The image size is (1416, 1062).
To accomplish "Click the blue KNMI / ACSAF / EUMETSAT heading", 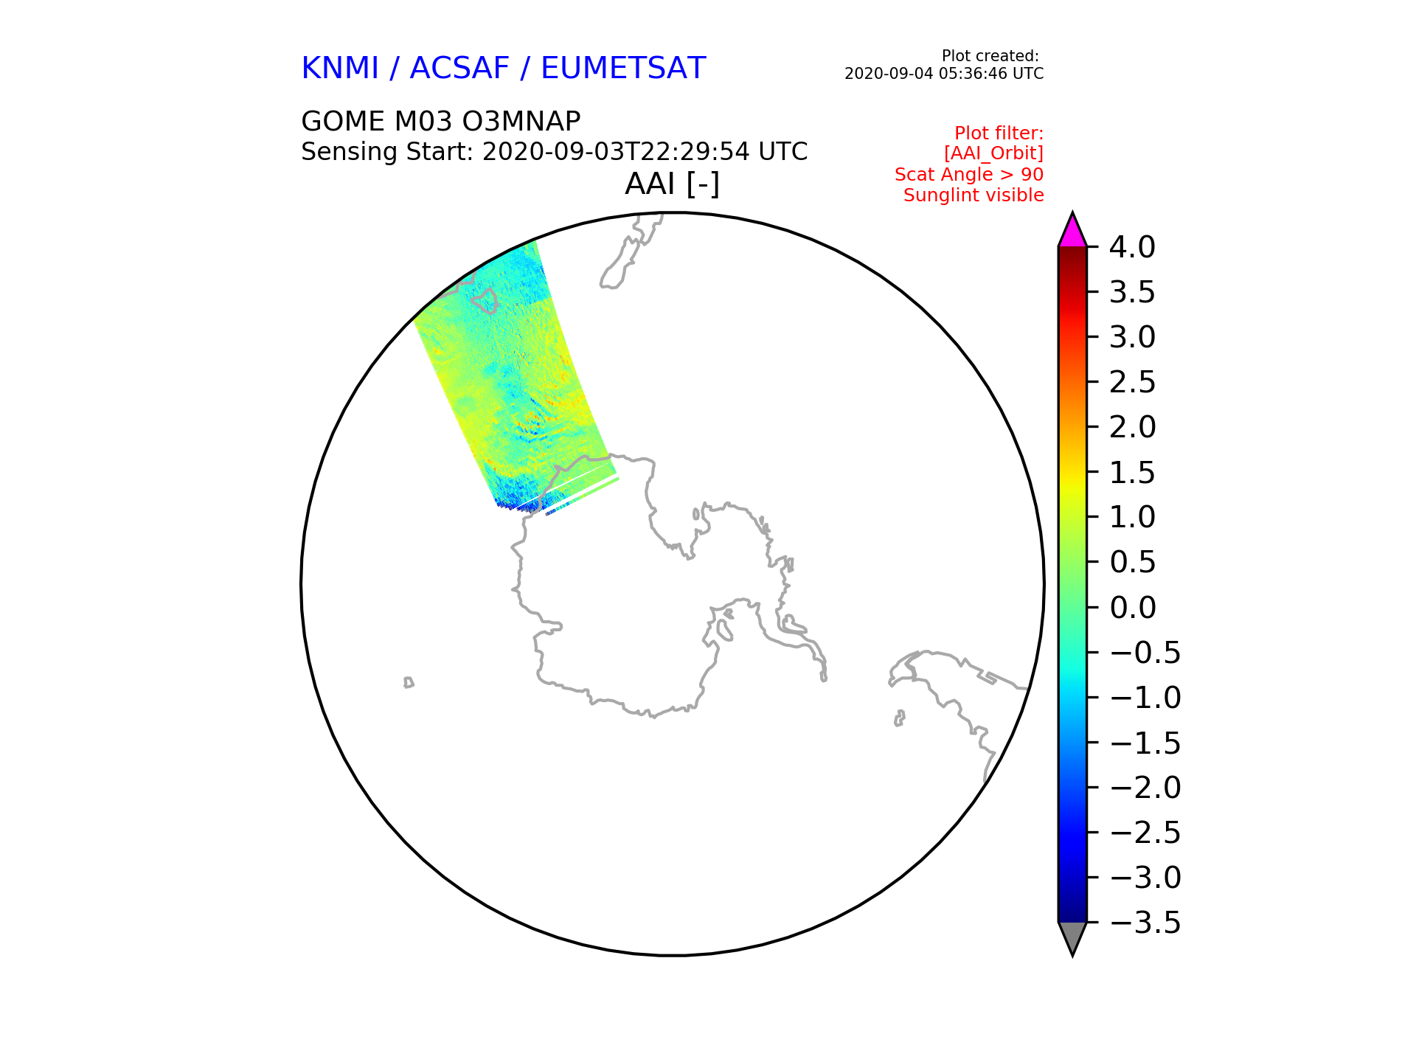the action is pyautogui.click(x=504, y=69).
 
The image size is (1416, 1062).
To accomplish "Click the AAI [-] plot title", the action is pyautogui.click(x=672, y=184).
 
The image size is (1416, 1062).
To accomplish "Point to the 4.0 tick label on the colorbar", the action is pyautogui.click(x=1132, y=247).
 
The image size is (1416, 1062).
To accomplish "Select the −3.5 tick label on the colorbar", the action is pyautogui.click(x=1145, y=923).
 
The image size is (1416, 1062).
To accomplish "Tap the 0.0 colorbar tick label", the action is pyautogui.click(x=1132, y=608).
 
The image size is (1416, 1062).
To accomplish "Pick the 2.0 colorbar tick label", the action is pyautogui.click(x=1132, y=427).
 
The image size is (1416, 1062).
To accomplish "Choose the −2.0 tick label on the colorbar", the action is pyautogui.click(x=1145, y=788).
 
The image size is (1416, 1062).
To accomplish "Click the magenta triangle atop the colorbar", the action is pyautogui.click(x=1072, y=231).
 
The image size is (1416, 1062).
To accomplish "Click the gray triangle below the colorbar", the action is pyautogui.click(x=1072, y=938).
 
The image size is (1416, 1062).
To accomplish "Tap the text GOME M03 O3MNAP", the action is pyautogui.click(x=441, y=121).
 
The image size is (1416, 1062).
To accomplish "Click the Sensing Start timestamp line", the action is pyautogui.click(x=555, y=152).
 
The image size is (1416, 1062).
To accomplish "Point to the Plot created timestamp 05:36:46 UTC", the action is pyautogui.click(x=944, y=74).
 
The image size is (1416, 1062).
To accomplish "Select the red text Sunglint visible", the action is pyautogui.click(x=974, y=195).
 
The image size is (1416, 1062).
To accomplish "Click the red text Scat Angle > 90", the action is pyautogui.click(x=969, y=175).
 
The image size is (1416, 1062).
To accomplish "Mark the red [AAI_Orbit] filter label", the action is pyautogui.click(x=993, y=153).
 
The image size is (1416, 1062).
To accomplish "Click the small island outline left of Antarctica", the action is pyautogui.click(x=409, y=683).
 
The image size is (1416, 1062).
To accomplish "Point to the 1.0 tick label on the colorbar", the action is pyautogui.click(x=1132, y=517).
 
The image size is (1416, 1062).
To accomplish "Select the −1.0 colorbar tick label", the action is pyautogui.click(x=1145, y=698).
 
